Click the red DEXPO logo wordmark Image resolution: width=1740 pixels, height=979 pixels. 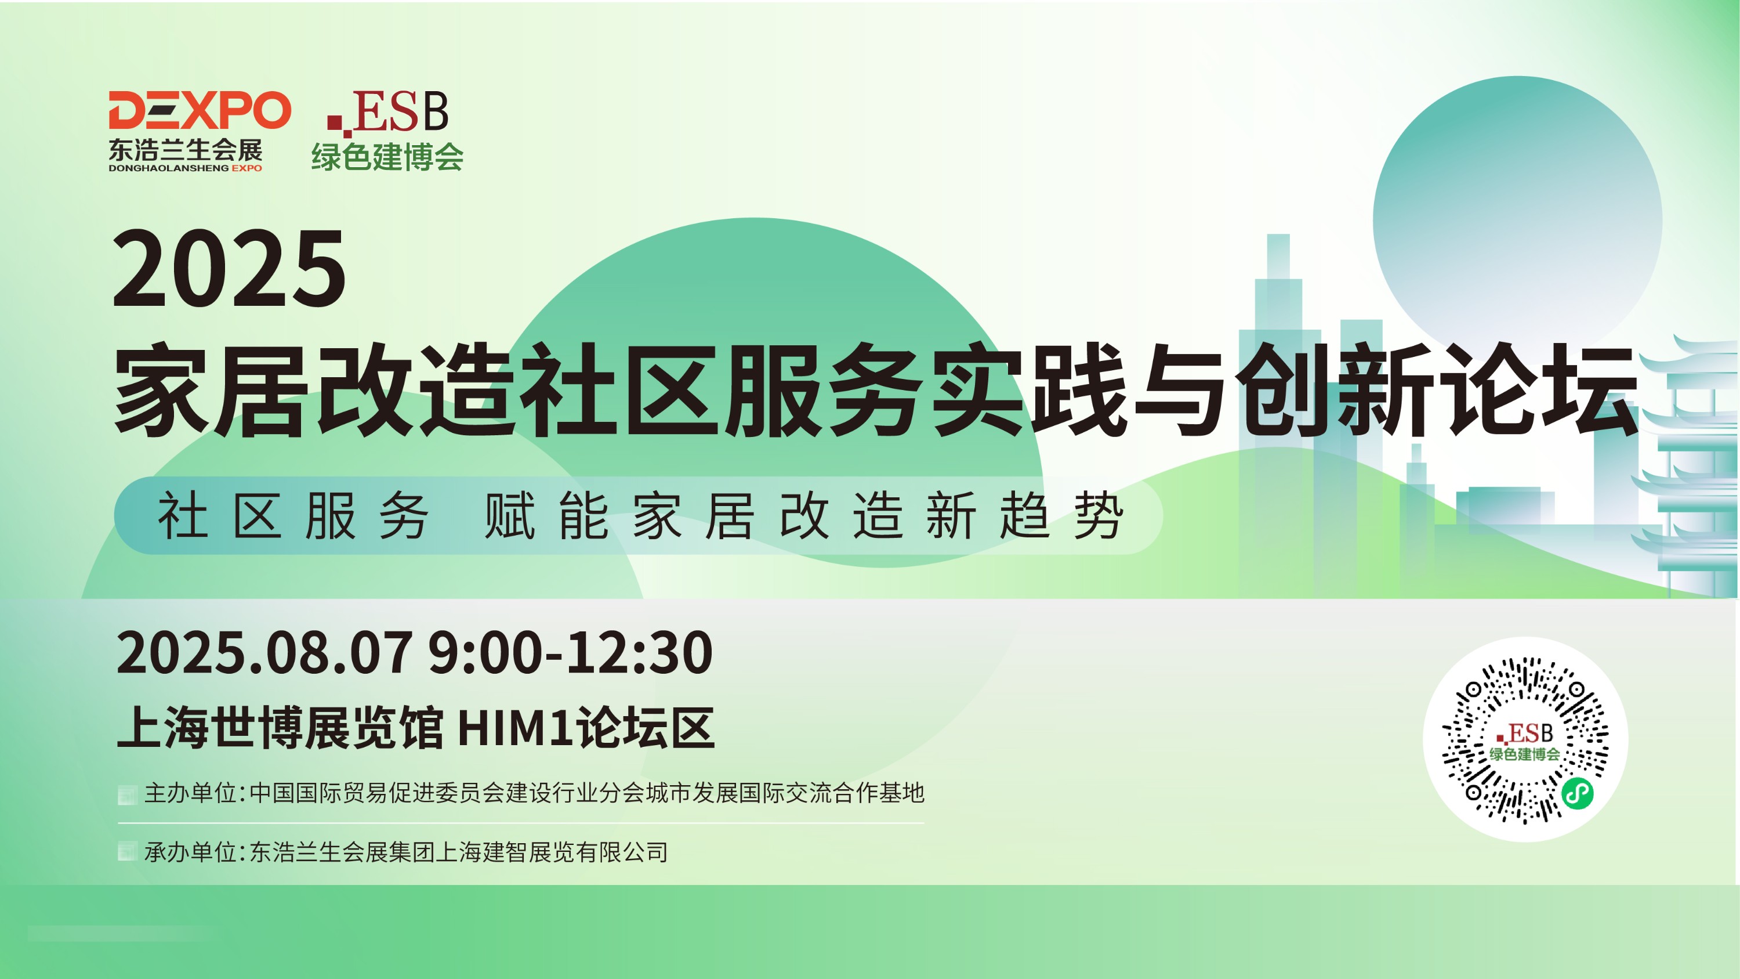200,110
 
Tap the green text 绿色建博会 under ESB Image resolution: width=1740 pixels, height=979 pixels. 387,157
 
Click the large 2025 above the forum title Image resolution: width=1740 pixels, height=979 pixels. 229,268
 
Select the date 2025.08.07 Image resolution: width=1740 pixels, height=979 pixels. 264,653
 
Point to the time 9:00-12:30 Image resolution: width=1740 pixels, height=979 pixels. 571,653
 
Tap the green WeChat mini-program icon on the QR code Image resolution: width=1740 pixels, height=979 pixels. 1578,793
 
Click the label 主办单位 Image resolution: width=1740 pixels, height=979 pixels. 190,793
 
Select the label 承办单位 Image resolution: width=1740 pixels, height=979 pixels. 190,852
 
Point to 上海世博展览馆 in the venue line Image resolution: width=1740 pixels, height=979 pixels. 280,728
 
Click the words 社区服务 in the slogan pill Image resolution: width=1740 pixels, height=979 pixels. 292,515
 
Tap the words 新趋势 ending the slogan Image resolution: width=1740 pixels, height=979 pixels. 1025,515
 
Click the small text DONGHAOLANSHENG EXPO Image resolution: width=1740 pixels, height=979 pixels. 185,168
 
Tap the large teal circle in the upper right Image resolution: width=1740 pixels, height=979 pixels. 1517,221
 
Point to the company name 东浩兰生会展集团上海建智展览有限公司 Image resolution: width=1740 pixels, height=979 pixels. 459,852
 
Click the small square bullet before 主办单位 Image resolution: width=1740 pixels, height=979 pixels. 127,794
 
